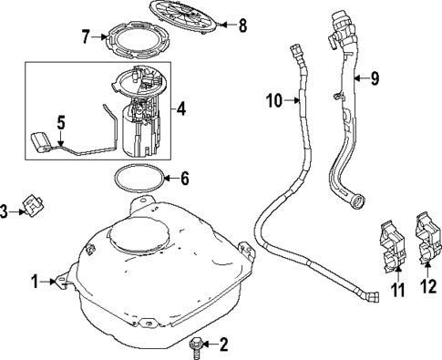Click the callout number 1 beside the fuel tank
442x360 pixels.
click(35, 283)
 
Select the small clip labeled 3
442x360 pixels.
click(34, 209)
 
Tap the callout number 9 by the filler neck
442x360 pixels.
click(374, 78)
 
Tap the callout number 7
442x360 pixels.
click(85, 37)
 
